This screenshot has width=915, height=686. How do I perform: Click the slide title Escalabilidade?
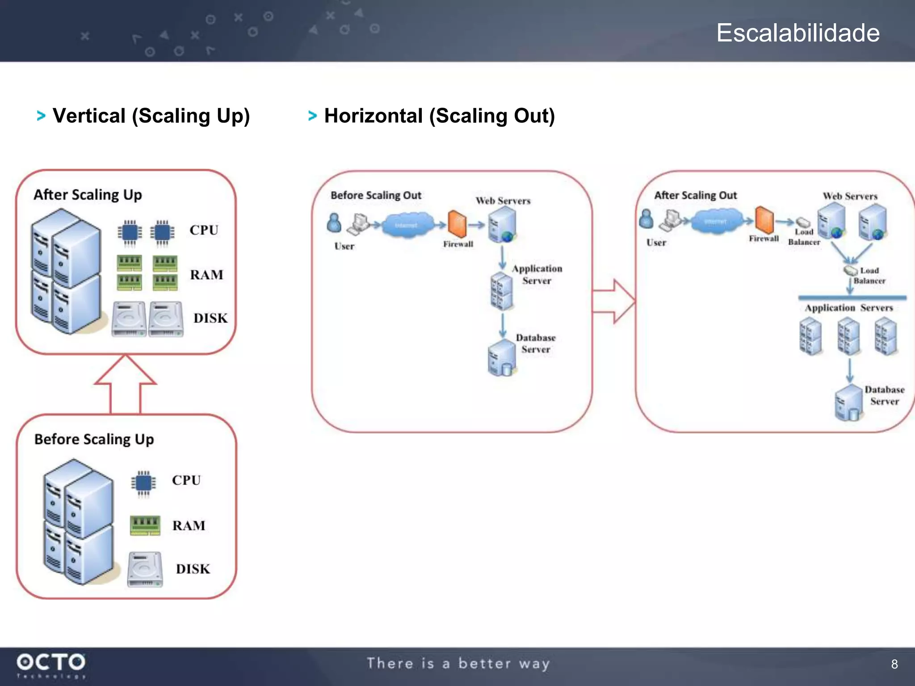(x=798, y=33)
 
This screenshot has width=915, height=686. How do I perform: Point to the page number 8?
(x=894, y=664)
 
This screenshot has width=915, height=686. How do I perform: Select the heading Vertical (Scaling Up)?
(x=151, y=116)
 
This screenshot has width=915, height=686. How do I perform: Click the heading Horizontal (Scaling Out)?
(x=439, y=116)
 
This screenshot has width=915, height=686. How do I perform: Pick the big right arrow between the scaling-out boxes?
(x=614, y=301)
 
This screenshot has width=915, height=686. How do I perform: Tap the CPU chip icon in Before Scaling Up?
(x=143, y=483)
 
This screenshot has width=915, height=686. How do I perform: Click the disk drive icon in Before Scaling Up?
(x=145, y=569)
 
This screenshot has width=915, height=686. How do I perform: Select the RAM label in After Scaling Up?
(x=206, y=275)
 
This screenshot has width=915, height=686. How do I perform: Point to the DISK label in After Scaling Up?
(x=210, y=318)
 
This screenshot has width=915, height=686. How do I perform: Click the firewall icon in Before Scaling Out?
(x=457, y=224)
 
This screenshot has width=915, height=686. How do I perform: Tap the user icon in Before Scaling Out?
(x=334, y=222)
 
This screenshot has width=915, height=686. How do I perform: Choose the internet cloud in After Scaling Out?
(x=715, y=222)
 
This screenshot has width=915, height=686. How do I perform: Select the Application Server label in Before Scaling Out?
(x=537, y=274)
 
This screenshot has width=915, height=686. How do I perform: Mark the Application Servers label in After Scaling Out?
(x=848, y=308)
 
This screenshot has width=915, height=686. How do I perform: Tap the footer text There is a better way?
(x=458, y=664)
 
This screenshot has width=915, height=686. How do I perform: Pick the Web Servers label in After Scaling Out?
(x=850, y=196)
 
